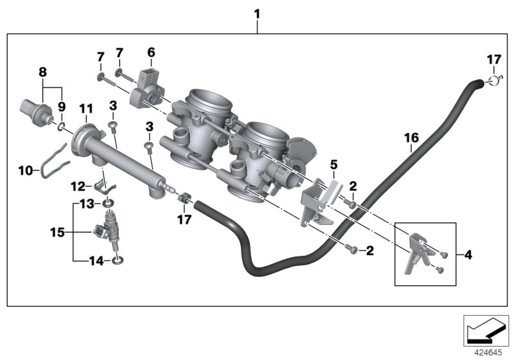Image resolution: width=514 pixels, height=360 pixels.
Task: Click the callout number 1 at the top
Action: click(x=257, y=13)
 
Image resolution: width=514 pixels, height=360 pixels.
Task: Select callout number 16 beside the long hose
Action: click(x=411, y=137)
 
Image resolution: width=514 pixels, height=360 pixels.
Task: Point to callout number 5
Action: click(x=333, y=165)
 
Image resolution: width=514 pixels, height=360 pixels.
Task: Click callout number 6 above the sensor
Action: click(x=151, y=51)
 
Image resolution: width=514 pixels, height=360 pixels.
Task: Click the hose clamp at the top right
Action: click(x=492, y=81)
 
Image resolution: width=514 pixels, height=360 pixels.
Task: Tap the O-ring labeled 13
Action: click(x=109, y=204)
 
